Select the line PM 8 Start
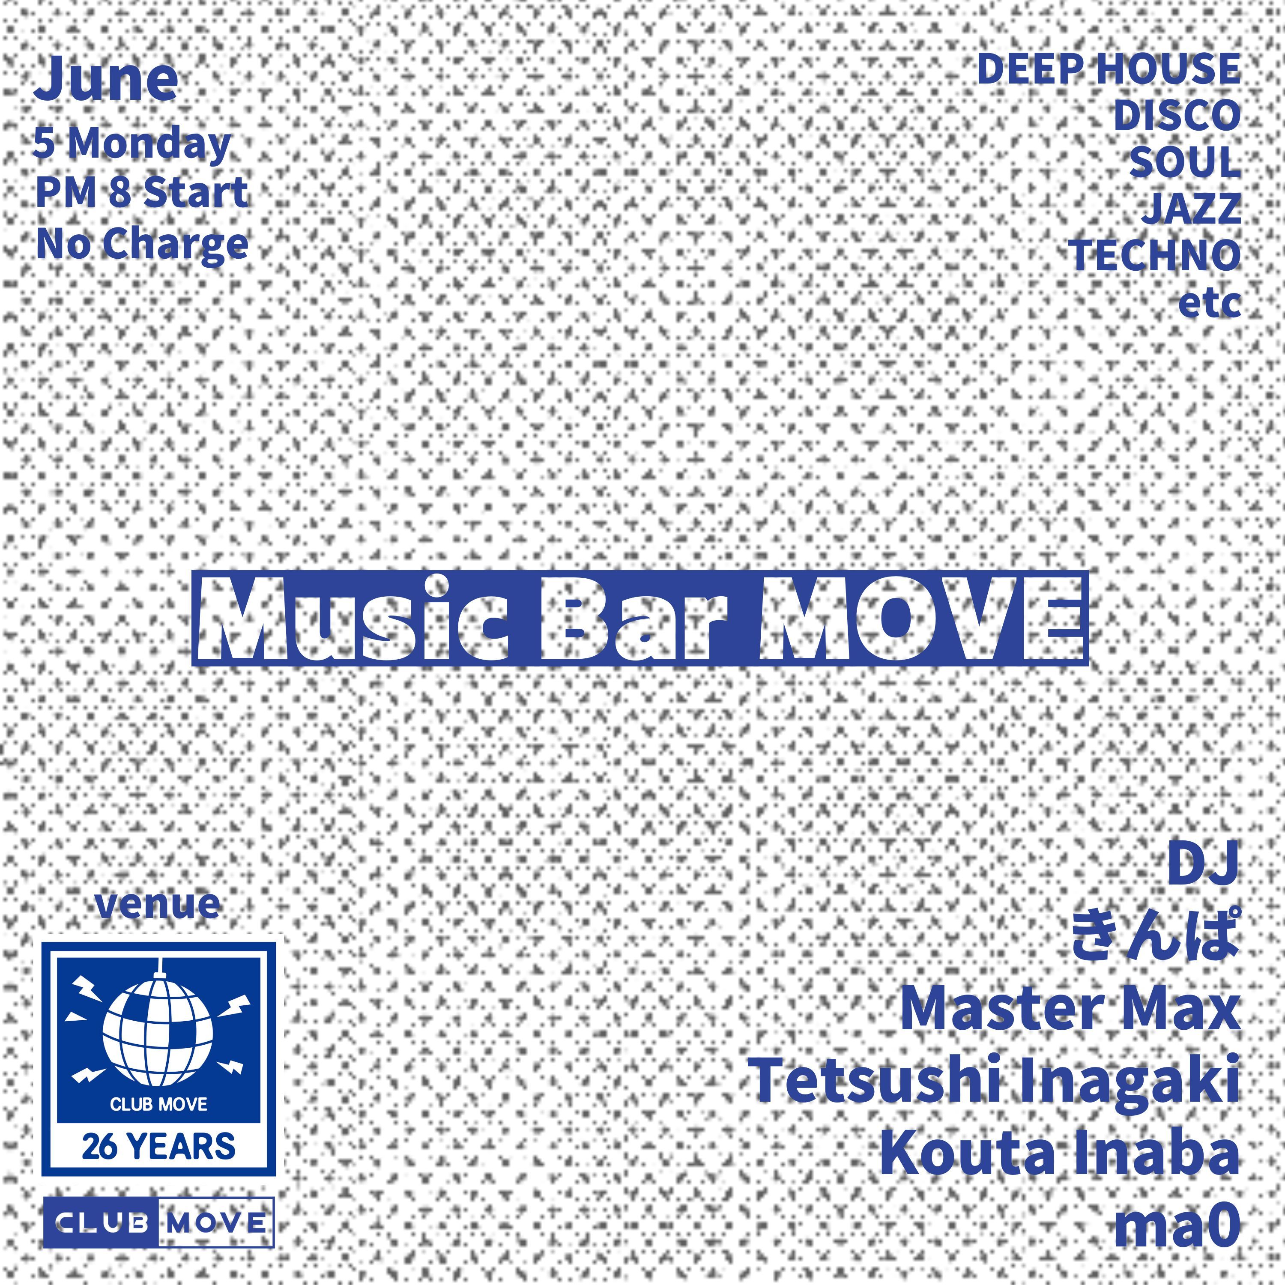coord(142,192)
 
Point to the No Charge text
coord(142,245)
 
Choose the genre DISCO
coord(1177,116)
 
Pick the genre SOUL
coord(1185,162)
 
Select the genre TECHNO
coord(1155,255)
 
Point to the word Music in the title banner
coord(362,619)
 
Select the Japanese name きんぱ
coord(1156,935)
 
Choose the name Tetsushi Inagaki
coord(996,1081)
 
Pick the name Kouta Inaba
coord(1060,1154)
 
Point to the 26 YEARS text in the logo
coord(158,1146)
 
